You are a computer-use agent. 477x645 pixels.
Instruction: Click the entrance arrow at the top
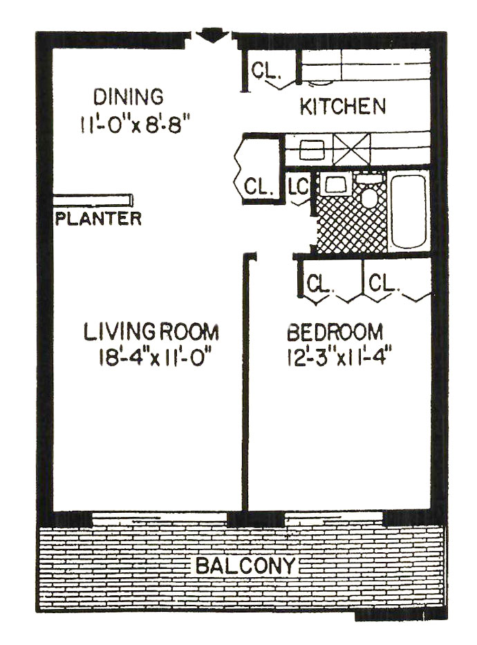[212, 35]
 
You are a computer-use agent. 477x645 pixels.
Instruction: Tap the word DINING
[128, 97]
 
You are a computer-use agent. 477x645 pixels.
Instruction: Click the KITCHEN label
[343, 106]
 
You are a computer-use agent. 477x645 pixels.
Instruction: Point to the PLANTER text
[98, 219]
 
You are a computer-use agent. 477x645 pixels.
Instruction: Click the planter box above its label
[93, 200]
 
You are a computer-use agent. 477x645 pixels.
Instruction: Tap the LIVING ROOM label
[151, 332]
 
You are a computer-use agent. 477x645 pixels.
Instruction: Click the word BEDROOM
[335, 332]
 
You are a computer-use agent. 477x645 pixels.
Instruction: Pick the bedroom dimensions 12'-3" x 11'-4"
[337, 357]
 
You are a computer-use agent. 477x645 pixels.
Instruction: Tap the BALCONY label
[245, 565]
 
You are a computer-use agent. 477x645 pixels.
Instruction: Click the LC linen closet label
[298, 187]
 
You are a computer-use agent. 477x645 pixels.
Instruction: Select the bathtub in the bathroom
[409, 212]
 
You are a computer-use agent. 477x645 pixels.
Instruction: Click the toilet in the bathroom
[370, 192]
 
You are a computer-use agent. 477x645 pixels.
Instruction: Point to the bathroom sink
[337, 184]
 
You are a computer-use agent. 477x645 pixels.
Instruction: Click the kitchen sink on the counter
[312, 149]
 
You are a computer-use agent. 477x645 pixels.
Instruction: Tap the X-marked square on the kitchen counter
[351, 149]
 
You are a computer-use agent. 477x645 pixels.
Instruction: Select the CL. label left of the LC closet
[259, 186]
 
